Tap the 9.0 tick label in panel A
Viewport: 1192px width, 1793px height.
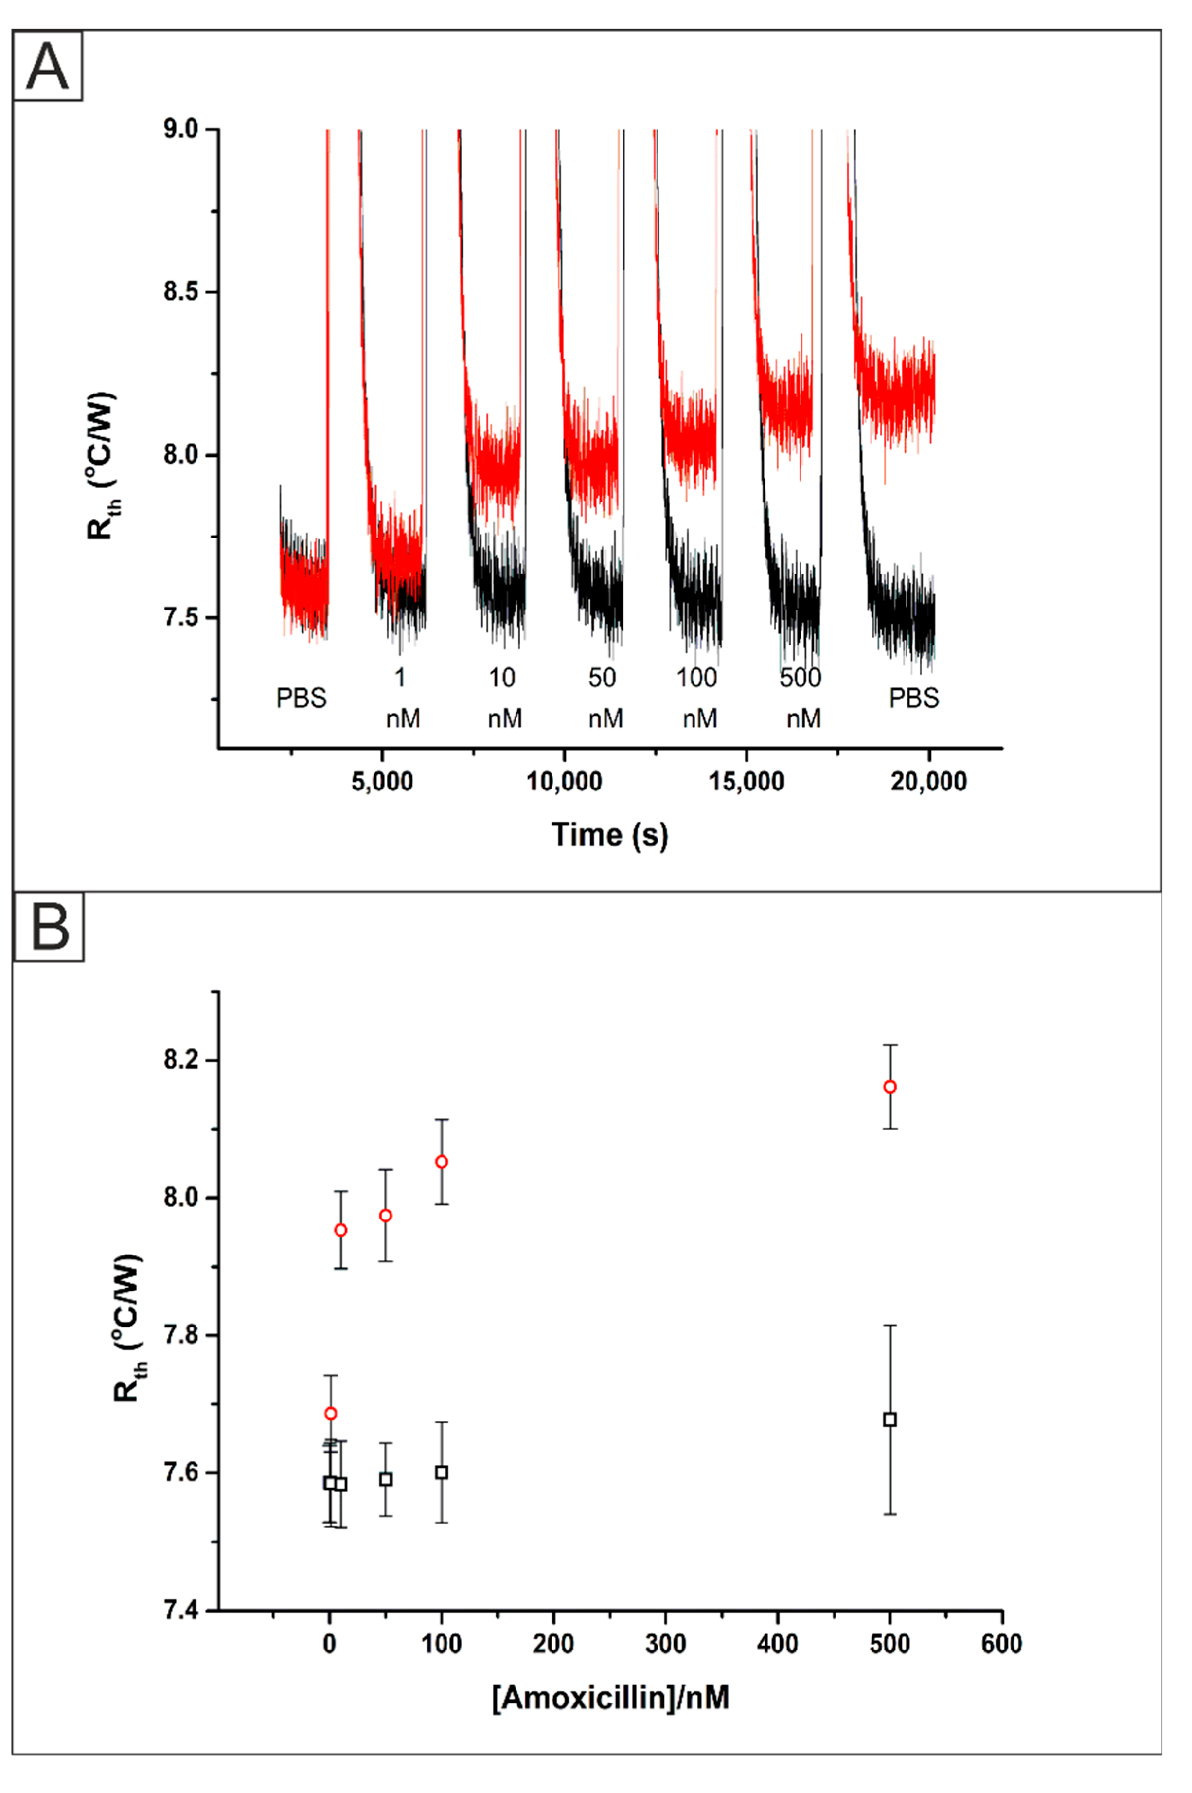(x=181, y=129)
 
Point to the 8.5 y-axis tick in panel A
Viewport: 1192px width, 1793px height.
(x=181, y=292)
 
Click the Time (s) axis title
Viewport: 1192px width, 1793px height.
(x=610, y=835)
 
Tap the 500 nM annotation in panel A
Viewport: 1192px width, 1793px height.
(x=801, y=697)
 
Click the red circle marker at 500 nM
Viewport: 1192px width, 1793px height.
(x=890, y=1087)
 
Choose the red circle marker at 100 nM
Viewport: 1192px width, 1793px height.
(x=442, y=1162)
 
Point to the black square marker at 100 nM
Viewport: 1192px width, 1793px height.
(x=442, y=1473)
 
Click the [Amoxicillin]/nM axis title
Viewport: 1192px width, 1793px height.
(x=610, y=1698)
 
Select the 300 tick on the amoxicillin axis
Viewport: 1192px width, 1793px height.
(x=665, y=1645)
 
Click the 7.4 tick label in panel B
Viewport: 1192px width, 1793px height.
(x=181, y=1611)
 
